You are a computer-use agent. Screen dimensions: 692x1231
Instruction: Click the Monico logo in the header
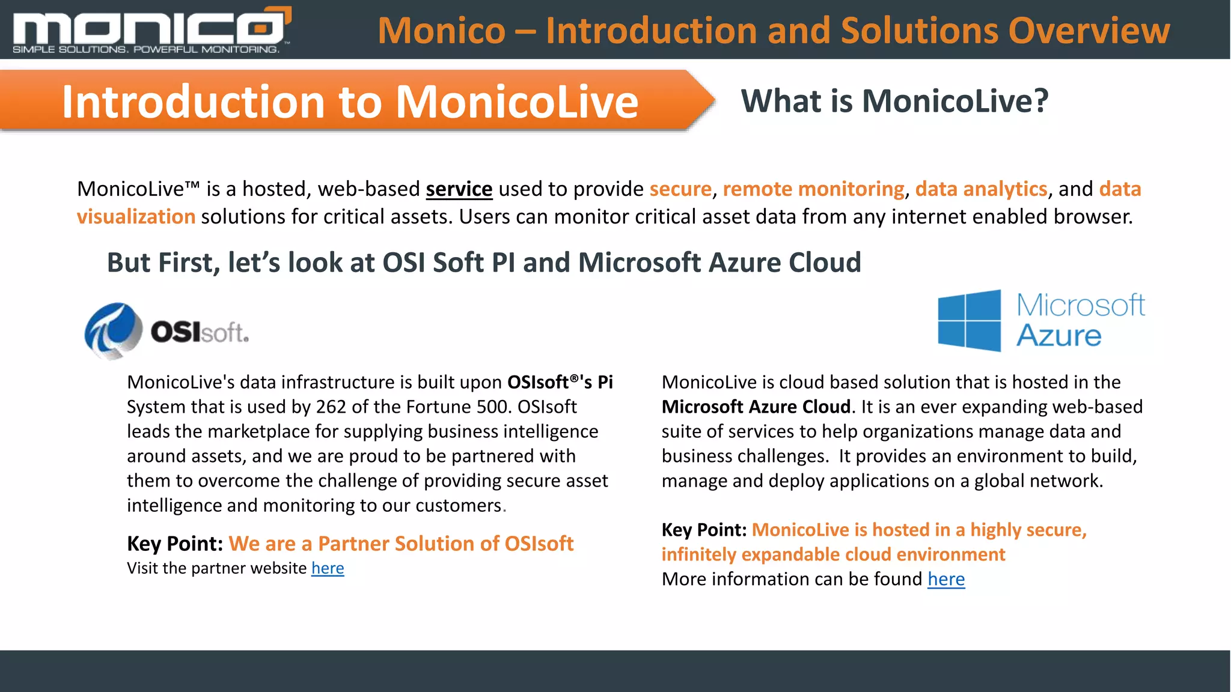point(150,27)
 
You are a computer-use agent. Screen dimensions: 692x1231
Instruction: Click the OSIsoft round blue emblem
point(113,330)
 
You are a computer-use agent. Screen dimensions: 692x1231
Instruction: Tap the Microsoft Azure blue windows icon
point(969,321)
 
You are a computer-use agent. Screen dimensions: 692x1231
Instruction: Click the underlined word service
point(459,189)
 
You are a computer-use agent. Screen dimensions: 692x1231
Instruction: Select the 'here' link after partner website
point(328,568)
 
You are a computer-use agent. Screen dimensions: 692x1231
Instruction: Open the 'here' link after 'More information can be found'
point(945,579)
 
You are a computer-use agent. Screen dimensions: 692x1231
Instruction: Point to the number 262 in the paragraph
point(331,407)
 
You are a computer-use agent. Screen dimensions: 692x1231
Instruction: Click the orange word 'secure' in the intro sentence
point(680,189)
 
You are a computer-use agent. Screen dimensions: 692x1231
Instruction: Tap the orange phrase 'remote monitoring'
point(813,189)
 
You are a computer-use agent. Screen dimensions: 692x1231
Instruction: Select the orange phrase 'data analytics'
point(980,189)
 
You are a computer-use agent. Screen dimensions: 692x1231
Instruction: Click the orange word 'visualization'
point(136,217)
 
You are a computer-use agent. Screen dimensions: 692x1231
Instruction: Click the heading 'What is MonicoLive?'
point(894,101)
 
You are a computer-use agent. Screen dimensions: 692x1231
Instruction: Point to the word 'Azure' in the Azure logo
point(1058,336)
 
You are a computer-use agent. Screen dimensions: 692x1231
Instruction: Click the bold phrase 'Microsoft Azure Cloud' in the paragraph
point(756,407)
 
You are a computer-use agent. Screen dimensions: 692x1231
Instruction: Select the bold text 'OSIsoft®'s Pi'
point(560,382)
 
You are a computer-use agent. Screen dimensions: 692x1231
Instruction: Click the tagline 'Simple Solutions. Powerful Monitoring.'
point(146,49)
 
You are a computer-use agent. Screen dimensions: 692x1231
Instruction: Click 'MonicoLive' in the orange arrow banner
point(516,102)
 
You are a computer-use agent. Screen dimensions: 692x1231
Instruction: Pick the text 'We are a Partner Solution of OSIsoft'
point(401,544)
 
